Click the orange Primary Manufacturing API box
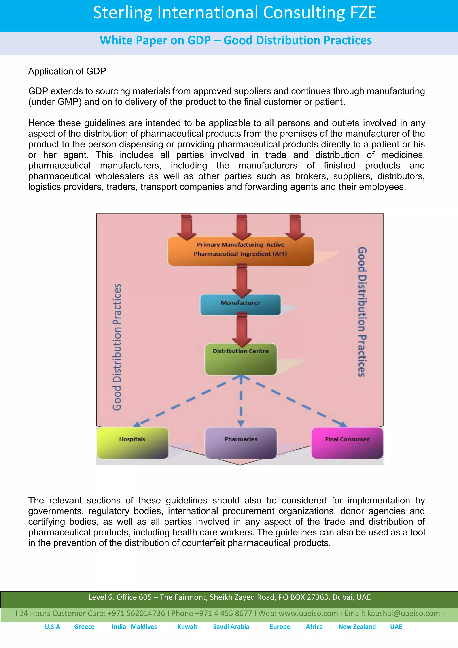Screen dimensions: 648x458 [241, 251]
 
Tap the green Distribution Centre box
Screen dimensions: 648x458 [241, 359]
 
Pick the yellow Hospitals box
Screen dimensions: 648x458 [132, 443]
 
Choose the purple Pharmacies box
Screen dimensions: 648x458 [241, 443]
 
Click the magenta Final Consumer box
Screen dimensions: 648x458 [347, 443]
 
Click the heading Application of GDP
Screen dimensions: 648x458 [67, 71]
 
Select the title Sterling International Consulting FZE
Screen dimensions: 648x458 [235, 13]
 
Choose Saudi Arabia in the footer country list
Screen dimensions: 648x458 [231, 627]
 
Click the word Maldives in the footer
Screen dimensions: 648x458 [144, 627]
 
